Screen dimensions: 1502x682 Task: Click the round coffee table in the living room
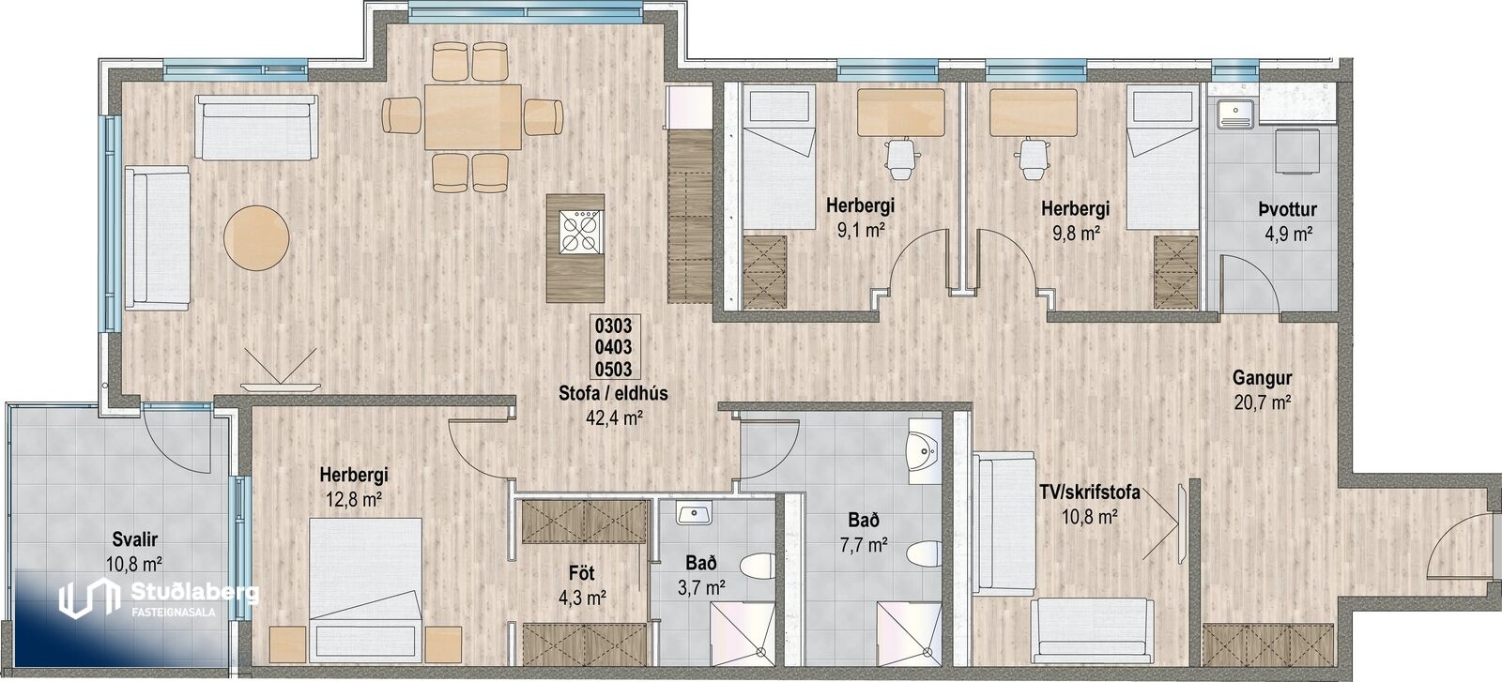tap(257, 238)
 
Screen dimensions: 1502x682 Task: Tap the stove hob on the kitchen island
tap(579, 232)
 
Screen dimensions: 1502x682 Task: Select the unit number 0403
tap(614, 347)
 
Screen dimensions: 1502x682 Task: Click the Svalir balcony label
tap(135, 539)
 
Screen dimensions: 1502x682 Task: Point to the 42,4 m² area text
tap(614, 418)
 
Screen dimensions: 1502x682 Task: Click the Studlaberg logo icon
tap(85, 599)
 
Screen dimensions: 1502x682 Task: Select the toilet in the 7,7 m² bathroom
tap(924, 553)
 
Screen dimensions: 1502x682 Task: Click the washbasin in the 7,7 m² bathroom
tap(925, 452)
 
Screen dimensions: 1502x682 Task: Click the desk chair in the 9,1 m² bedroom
tap(900, 159)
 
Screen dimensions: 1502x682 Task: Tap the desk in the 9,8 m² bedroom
tap(1033, 113)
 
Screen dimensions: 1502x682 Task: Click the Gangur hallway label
tap(1262, 378)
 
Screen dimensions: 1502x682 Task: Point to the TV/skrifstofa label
tap(1090, 493)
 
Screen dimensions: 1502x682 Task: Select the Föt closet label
tap(582, 573)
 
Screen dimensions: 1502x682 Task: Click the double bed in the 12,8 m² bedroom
tap(366, 587)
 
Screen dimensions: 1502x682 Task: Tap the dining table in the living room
tap(473, 117)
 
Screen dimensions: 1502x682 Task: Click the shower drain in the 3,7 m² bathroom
tap(760, 651)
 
